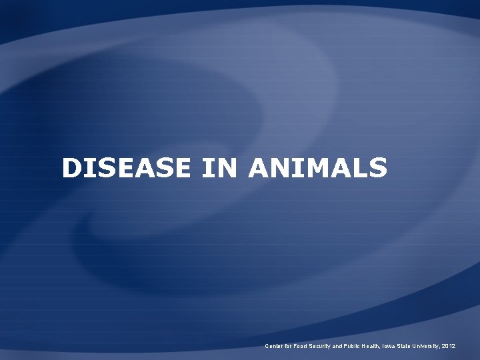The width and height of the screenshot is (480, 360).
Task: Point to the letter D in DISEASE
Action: tap(71, 168)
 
